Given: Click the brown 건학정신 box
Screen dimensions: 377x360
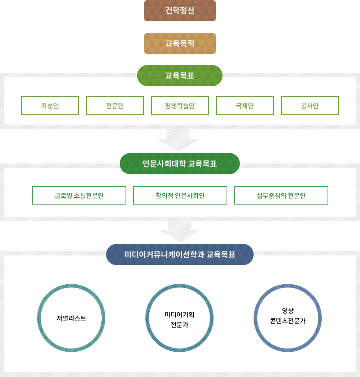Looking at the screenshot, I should tap(180, 10).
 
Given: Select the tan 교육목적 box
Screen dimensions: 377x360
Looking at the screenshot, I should tap(180, 43).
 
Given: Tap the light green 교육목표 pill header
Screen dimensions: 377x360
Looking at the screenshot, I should tap(180, 75).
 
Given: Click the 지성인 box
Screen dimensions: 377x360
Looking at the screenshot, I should tap(50, 106).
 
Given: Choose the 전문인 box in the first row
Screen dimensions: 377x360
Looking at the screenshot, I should tap(115, 106).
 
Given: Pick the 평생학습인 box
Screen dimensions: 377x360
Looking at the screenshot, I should tap(180, 106).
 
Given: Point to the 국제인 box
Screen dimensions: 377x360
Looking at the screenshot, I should tap(245, 106).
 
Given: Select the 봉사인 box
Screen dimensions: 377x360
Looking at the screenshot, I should tap(310, 106).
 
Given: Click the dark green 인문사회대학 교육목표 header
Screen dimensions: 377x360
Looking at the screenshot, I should tap(180, 163).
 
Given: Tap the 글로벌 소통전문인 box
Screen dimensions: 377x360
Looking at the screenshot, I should tap(79, 196).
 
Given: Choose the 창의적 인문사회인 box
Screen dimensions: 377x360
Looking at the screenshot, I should tap(180, 196).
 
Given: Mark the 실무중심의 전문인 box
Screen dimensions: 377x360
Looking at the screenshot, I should tap(281, 196).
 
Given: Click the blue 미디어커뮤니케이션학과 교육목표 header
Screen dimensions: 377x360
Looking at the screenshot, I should tap(180, 254).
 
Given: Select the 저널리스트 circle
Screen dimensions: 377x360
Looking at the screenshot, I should tap(71, 318).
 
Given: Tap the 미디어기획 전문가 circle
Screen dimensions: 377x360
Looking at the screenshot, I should tap(179, 318).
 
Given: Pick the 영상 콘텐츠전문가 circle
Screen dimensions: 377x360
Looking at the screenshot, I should tap(287, 318).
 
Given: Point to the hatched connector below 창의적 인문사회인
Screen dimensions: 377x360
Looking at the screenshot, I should tap(179, 232).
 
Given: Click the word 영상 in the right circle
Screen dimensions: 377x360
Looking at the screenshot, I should tap(288, 311).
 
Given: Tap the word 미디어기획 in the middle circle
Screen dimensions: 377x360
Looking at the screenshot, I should tap(179, 315).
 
